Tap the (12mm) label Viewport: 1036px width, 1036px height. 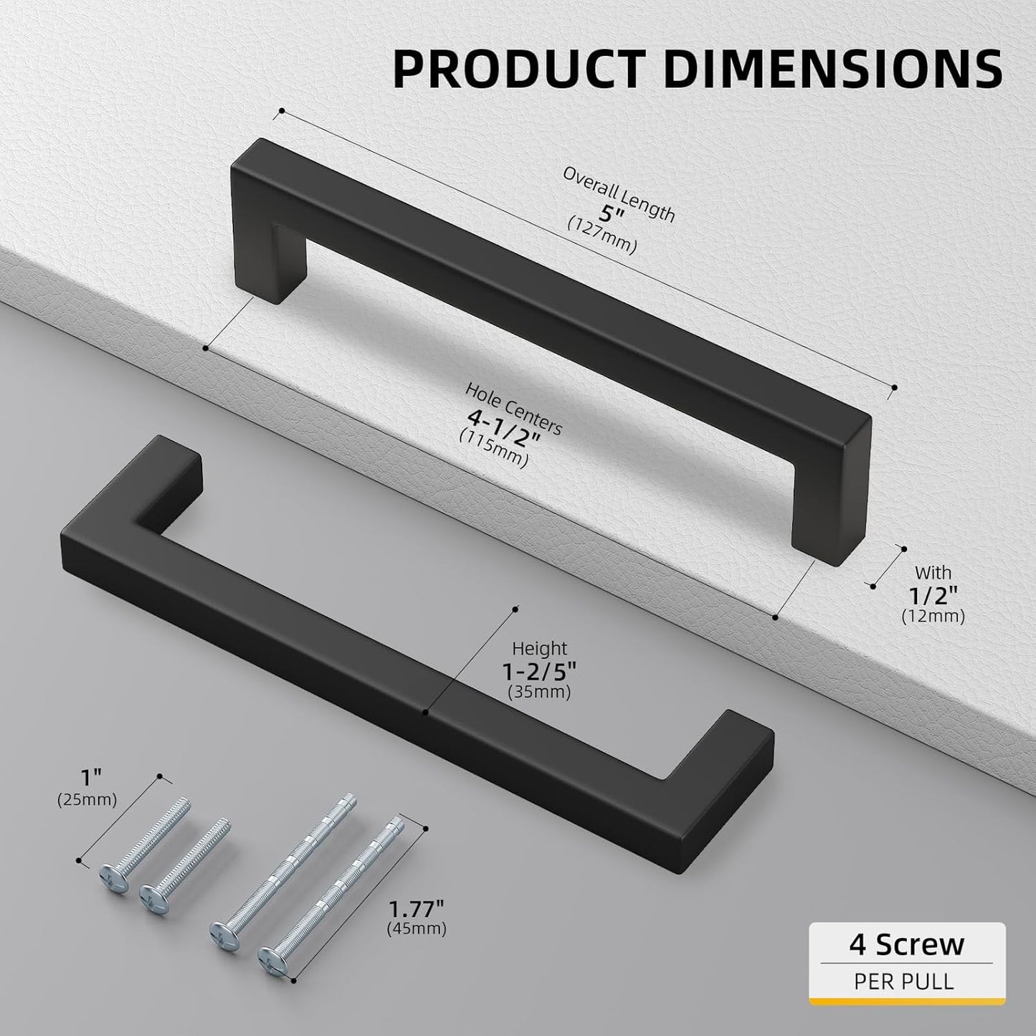point(932,616)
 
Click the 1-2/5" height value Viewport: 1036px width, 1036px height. point(539,671)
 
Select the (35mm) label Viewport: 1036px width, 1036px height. point(539,693)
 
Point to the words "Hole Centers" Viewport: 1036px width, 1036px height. point(513,409)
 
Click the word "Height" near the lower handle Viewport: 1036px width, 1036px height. point(539,648)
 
